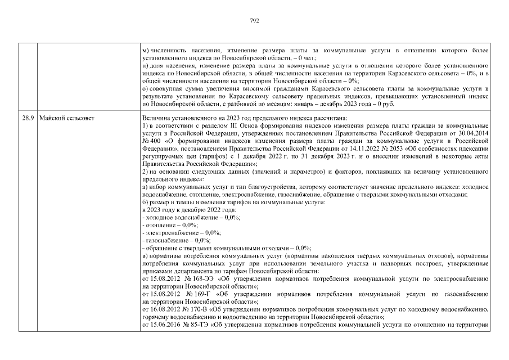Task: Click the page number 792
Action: click(x=254, y=21)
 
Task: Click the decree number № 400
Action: click(x=152, y=141)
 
